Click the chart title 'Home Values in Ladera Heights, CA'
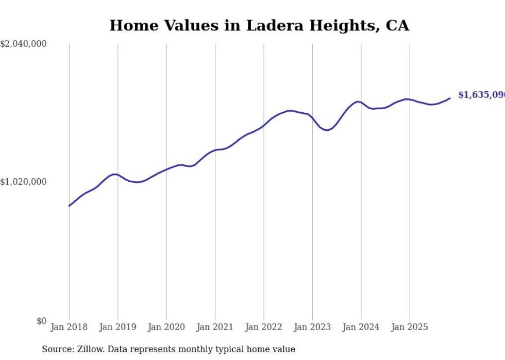259,26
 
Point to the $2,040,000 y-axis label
23,44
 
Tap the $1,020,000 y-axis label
23,182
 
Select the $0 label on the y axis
41,321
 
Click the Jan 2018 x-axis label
69,327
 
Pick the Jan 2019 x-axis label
117,327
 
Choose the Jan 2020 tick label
166,327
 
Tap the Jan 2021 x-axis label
215,327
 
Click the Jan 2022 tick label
264,327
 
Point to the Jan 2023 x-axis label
312,327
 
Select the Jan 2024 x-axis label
361,327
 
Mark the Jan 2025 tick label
410,327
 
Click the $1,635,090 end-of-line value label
481,95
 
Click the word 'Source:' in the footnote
57,350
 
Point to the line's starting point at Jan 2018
69,206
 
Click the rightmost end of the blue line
450,98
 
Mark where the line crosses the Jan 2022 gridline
264,124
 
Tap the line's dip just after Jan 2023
327,130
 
